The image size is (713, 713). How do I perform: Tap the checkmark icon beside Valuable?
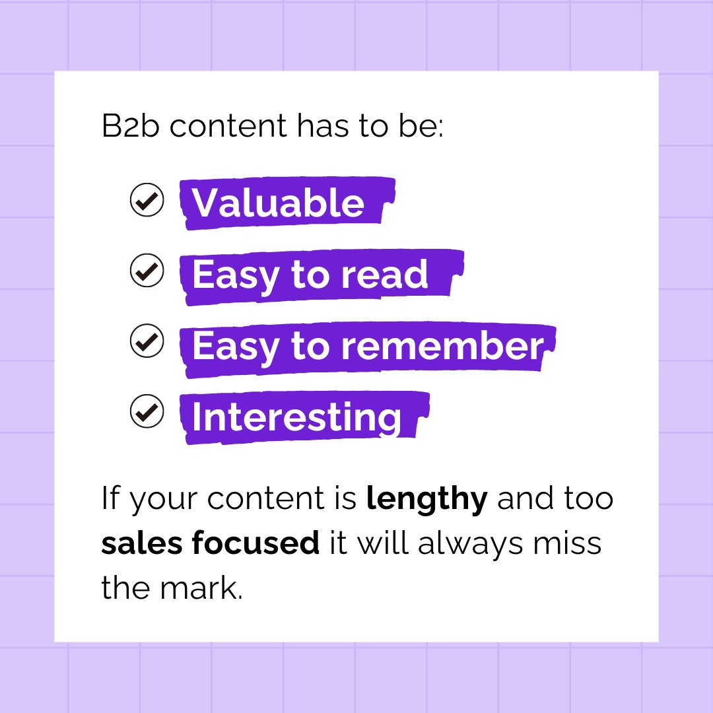coord(147,200)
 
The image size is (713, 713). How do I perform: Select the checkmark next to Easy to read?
coord(147,271)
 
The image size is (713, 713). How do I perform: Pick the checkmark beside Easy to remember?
coord(147,342)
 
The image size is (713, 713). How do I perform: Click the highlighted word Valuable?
coord(278,203)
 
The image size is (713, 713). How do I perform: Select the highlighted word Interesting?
coord(296,417)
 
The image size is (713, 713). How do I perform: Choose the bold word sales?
coord(141,543)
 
